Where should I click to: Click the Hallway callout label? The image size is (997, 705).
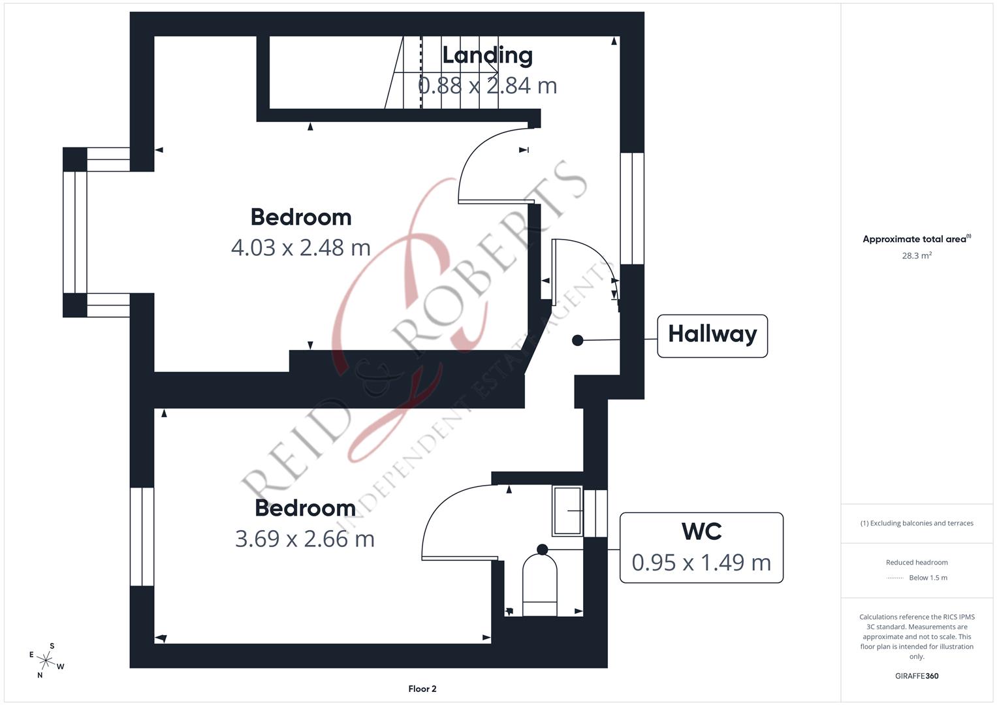point(712,336)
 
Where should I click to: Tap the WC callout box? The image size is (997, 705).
point(701,547)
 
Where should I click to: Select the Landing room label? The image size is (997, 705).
point(487,55)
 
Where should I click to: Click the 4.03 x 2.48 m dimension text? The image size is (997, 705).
point(300,247)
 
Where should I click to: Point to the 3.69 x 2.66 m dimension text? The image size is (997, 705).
point(304,539)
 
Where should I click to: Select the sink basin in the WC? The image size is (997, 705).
point(567,510)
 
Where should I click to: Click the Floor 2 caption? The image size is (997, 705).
point(422,689)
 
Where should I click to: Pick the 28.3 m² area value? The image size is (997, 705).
point(916,256)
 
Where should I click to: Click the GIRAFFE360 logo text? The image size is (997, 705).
point(916,676)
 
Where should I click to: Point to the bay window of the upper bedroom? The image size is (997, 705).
point(75,232)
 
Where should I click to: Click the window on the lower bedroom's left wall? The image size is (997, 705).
point(142,537)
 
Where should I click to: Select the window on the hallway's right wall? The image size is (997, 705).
point(631,208)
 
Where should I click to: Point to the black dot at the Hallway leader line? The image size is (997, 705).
point(577,340)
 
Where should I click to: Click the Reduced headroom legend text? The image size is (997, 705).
point(916,562)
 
